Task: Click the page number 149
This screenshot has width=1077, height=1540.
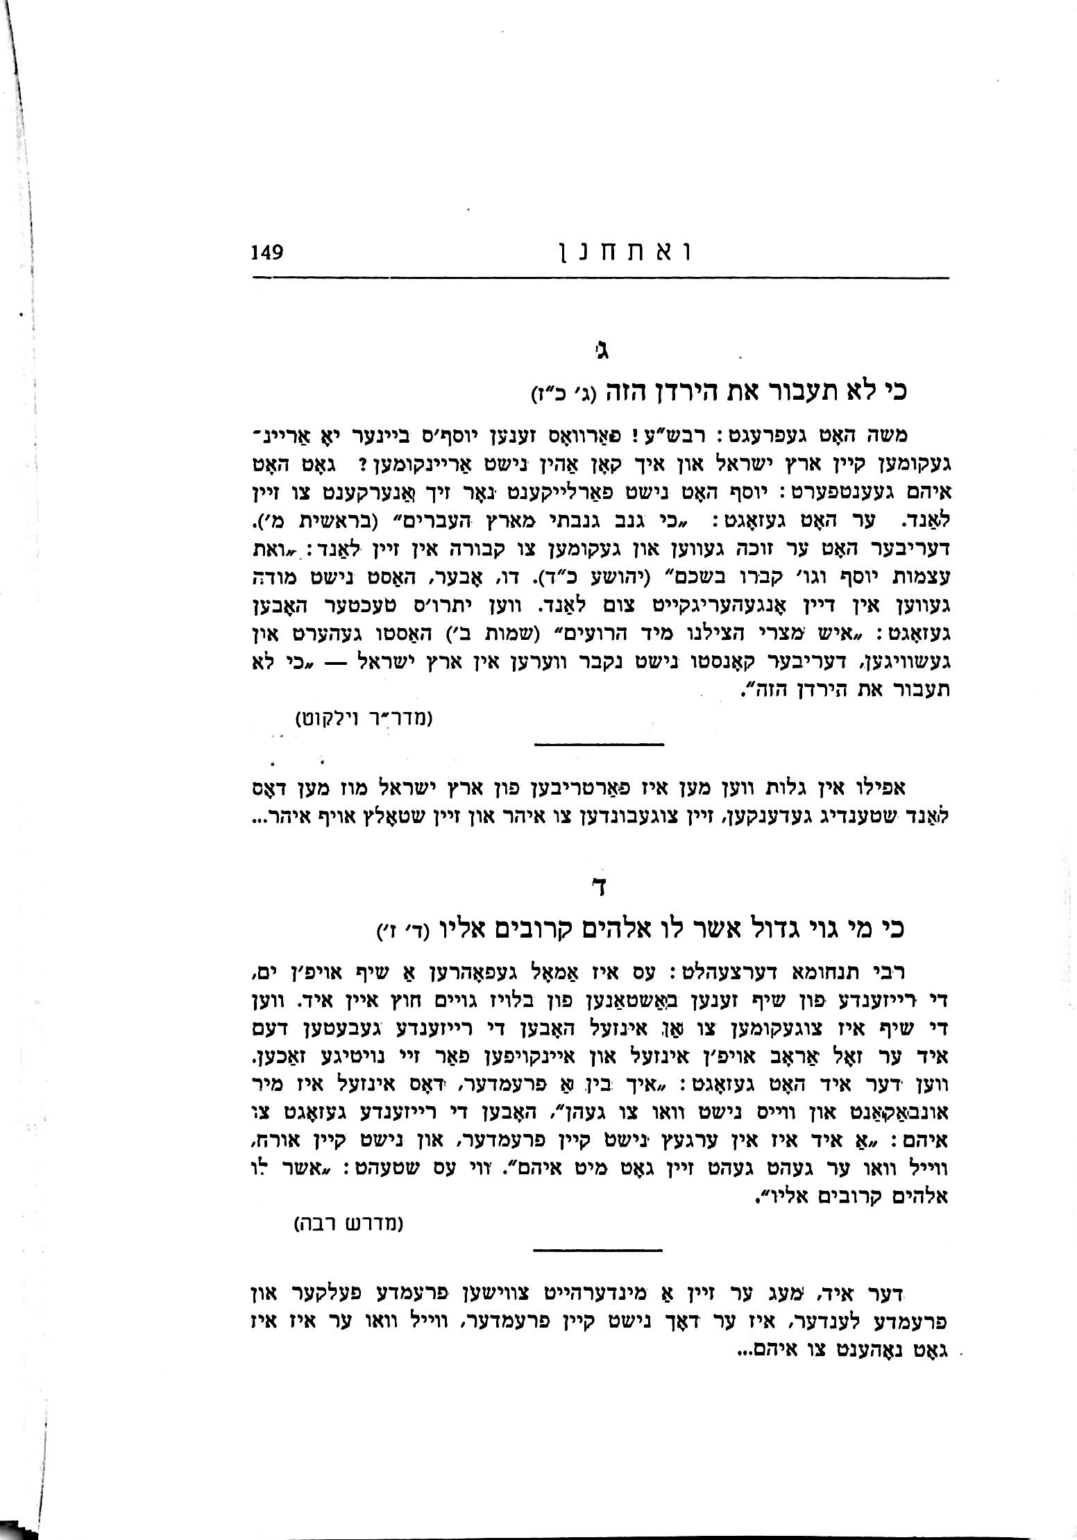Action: pos(266,251)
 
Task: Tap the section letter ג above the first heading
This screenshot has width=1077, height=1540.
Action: pos(604,349)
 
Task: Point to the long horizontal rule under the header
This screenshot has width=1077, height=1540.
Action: pos(600,278)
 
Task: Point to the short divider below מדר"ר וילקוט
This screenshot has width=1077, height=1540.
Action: pos(599,745)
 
